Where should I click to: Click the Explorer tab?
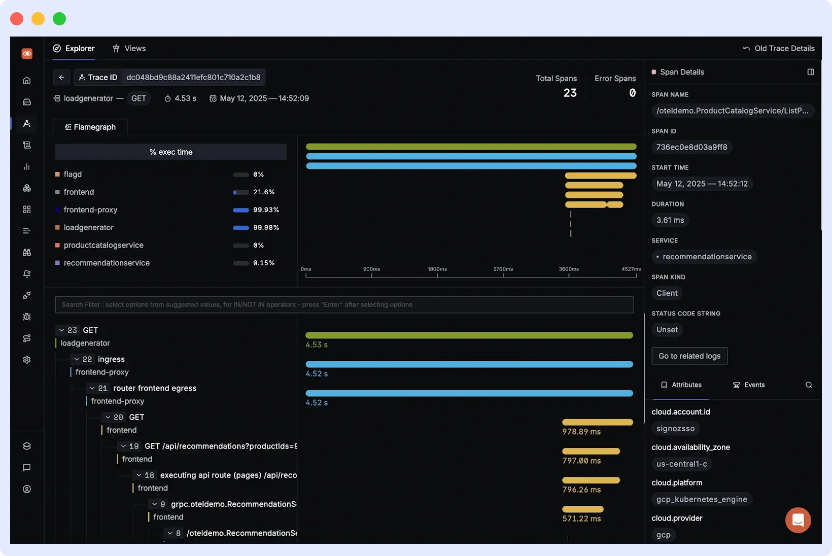click(74, 48)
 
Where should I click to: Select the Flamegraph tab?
click(90, 127)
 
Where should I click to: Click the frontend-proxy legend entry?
click(90, 210)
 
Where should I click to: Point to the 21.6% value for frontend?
click(264, 192)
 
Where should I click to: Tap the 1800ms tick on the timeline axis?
click(437, 269)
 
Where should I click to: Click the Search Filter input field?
click(344, 304)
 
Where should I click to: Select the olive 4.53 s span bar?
click(469, 335)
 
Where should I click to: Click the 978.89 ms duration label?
click(581, 432)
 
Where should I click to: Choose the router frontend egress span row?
click(155, 388)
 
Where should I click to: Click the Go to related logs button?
click(689, 356)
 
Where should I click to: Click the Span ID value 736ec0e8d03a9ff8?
click(691, 147)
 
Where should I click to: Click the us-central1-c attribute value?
click(681, 464)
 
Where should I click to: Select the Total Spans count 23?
click(570, 93)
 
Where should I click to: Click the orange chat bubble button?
click(798, 520)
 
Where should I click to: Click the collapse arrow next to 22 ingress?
click(77, 359)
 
